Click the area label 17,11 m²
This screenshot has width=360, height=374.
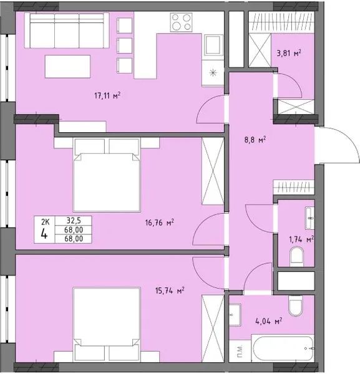[x=107, y=95]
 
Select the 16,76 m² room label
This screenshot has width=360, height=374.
[x=160, y=221]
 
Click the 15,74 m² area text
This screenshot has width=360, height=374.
[x=172, y=290]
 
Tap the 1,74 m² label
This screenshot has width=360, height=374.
[x=301, y=238]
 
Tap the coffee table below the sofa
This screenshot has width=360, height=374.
[x=67, y=65]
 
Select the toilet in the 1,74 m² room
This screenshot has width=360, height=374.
[x=298, y=256]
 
